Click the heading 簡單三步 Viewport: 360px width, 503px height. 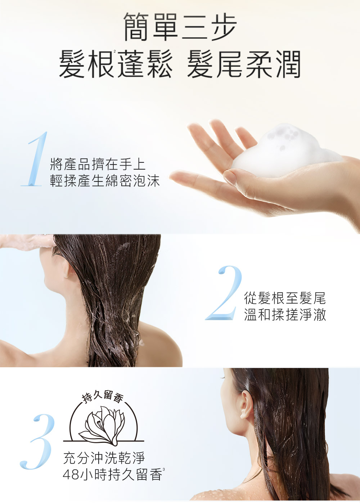coord(180,27)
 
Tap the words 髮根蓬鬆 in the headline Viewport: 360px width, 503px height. coord(116,64)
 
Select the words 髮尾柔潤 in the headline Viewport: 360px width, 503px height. coord(244,64)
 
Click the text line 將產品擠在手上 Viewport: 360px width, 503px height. coord(98,164)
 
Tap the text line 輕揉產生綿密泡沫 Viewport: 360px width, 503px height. coord(105,181)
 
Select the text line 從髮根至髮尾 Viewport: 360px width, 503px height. coord(285,298)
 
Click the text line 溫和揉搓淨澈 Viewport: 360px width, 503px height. coord(285,315)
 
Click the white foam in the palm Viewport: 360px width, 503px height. coord(285,151)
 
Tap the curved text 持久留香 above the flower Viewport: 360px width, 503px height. coord(103,398)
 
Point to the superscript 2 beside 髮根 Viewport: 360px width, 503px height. coord(115,51)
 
